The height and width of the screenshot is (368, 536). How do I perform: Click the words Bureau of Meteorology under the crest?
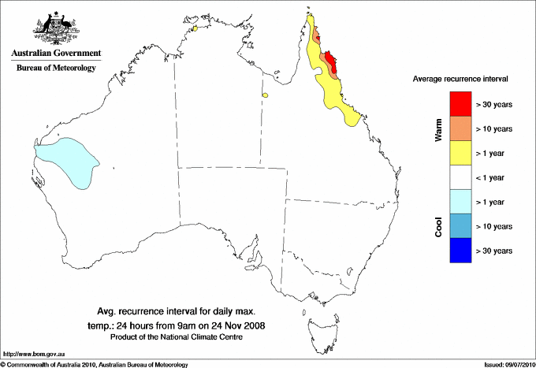click(x=56, y=69)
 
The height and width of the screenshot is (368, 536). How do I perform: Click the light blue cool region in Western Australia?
click(x=66, y=161)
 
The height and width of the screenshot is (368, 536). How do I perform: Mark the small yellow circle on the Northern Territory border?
click(x=266, y=96)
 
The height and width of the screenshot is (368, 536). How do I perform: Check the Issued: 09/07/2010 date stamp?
click(x=503, y=364)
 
